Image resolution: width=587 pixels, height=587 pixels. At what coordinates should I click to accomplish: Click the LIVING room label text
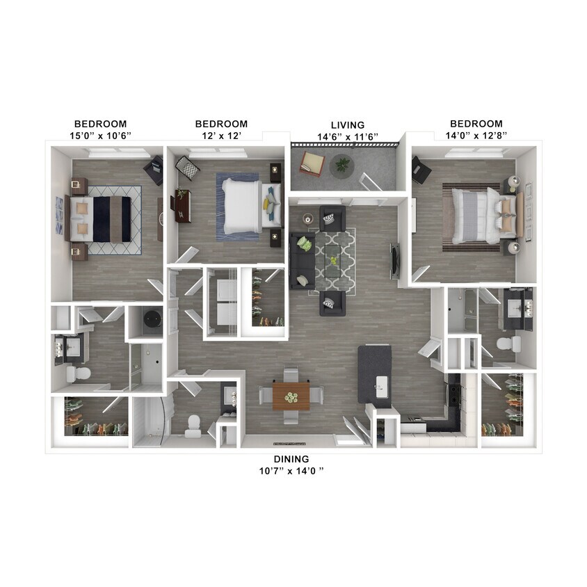(348, 124)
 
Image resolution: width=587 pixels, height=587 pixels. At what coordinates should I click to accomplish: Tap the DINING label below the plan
(291, 459)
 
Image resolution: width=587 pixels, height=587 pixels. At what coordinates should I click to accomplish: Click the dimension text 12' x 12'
(221, 136)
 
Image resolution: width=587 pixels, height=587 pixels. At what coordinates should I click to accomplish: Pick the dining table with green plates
(291, 397)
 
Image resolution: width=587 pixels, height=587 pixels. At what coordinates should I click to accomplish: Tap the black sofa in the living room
(302, 260)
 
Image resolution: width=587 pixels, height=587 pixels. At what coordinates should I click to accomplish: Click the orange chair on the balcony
(312, 164)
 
